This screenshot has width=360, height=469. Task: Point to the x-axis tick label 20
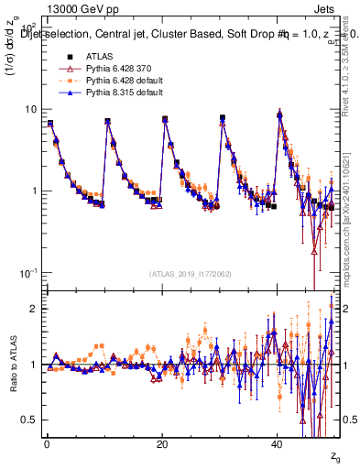point(162,443)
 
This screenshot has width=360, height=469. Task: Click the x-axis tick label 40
point(278,443)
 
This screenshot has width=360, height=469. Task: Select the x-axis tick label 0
point(47,443)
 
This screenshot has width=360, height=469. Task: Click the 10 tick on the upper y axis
point(30,109)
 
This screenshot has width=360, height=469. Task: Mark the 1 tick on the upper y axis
point(33,191)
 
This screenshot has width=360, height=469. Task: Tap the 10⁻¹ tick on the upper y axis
point(27,273)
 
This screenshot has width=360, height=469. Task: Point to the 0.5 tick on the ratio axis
point(29,420)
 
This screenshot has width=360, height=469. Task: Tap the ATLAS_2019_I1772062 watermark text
point(190,273)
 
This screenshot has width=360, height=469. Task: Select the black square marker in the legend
point(63,57)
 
